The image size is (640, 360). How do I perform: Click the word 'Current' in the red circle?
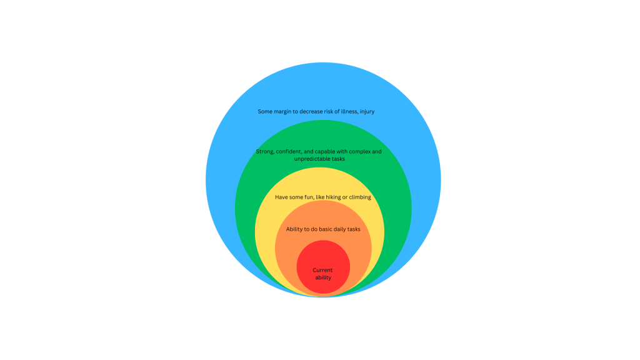[x=323, y=270]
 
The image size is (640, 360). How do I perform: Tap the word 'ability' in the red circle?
[x=323, y=277]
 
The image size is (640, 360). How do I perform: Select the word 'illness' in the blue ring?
[x=346, y=112]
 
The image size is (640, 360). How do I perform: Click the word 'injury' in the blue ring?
[x=366, y=112]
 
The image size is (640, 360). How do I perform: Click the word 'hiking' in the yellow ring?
[x=328, y=197]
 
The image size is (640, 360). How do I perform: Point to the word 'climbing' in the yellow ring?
[x=358, y=197]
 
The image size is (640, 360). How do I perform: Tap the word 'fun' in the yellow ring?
[x=309, y=197]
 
